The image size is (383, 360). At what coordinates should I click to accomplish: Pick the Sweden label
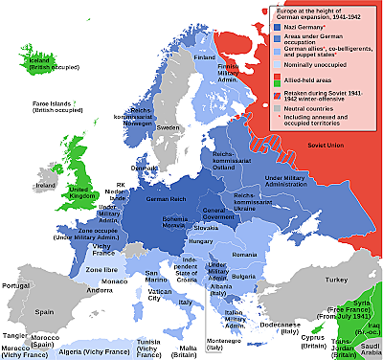169,127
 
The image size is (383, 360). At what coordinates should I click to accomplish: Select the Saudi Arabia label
368,346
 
